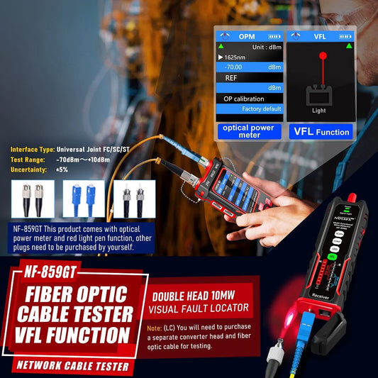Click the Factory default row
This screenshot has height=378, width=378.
[262, 109]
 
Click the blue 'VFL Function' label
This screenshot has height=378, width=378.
[322, 132]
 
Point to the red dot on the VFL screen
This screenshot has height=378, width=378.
[323, 55]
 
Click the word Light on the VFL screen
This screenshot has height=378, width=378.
[319, 111]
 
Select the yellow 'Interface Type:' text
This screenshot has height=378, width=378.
[32, 150]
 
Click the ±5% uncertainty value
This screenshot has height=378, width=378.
[62, 169]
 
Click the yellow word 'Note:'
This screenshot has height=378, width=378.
[155, 328]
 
